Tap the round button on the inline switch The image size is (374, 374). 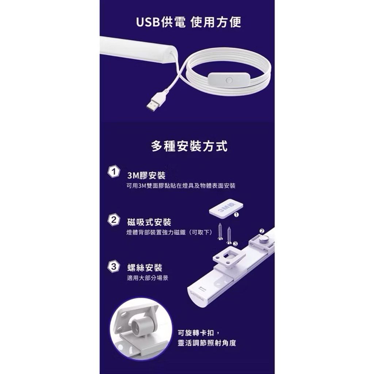point(229,80)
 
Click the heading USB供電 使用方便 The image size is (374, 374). point(188,22)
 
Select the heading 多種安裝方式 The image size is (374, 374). point(189,146)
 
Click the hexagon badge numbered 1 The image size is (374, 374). point(114,172)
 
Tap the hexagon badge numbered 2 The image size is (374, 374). point(114,220)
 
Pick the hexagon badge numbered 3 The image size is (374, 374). point(114,266)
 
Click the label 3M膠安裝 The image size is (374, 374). point(146,176)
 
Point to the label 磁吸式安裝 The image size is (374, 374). point(149,222)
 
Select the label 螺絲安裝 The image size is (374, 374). point(145,268)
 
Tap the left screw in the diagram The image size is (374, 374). point(220,232)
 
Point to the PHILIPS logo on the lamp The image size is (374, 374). point(197,296)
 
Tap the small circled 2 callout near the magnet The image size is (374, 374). point(262,231)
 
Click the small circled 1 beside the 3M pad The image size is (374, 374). point(236,215)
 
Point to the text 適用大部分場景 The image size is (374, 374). point(148,278)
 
